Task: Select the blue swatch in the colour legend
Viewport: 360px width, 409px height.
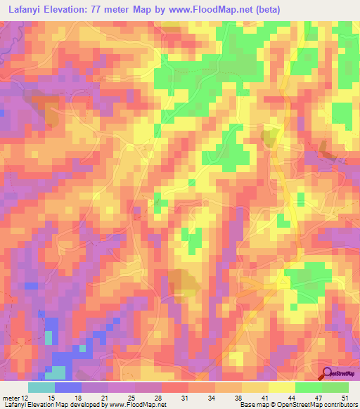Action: pyautogui.click(x=67, y=387)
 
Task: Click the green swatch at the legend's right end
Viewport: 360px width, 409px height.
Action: pyautogui.click(x=335, y=387)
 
